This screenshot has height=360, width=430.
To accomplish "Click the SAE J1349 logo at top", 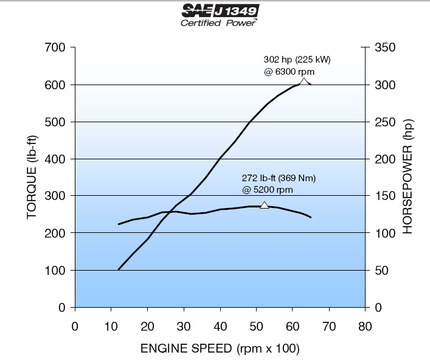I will (220, 10).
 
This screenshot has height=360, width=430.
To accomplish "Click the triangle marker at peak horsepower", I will (304, 81).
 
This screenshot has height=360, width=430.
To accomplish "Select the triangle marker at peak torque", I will (264, 206).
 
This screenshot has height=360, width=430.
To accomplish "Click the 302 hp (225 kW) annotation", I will (297, 60).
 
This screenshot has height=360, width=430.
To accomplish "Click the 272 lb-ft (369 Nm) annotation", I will (279, 178).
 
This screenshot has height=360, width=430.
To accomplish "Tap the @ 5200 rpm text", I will (268, 190).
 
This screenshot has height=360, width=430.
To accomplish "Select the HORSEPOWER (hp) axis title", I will (407, 177).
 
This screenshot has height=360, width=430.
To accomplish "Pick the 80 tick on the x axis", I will (365, 326).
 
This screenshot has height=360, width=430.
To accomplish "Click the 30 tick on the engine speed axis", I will (184, 326).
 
